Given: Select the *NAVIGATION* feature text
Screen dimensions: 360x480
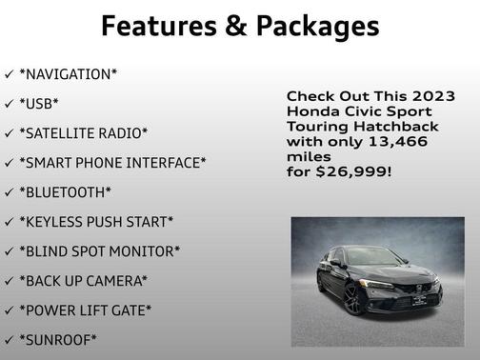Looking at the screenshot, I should point(71,74).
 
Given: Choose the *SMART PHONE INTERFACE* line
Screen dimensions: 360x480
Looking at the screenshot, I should point(112,163).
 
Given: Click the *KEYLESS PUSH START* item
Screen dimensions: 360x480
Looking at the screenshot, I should point(96,222).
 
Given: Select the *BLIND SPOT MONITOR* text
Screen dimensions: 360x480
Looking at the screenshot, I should point(99,251).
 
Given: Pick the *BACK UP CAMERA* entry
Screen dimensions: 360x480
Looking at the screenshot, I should point(84,281).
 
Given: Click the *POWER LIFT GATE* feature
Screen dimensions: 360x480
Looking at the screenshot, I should point(86,310).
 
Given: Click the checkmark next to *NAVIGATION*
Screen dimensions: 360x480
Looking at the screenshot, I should point(9,74).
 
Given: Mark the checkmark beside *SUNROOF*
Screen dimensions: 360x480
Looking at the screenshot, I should point(9,340).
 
